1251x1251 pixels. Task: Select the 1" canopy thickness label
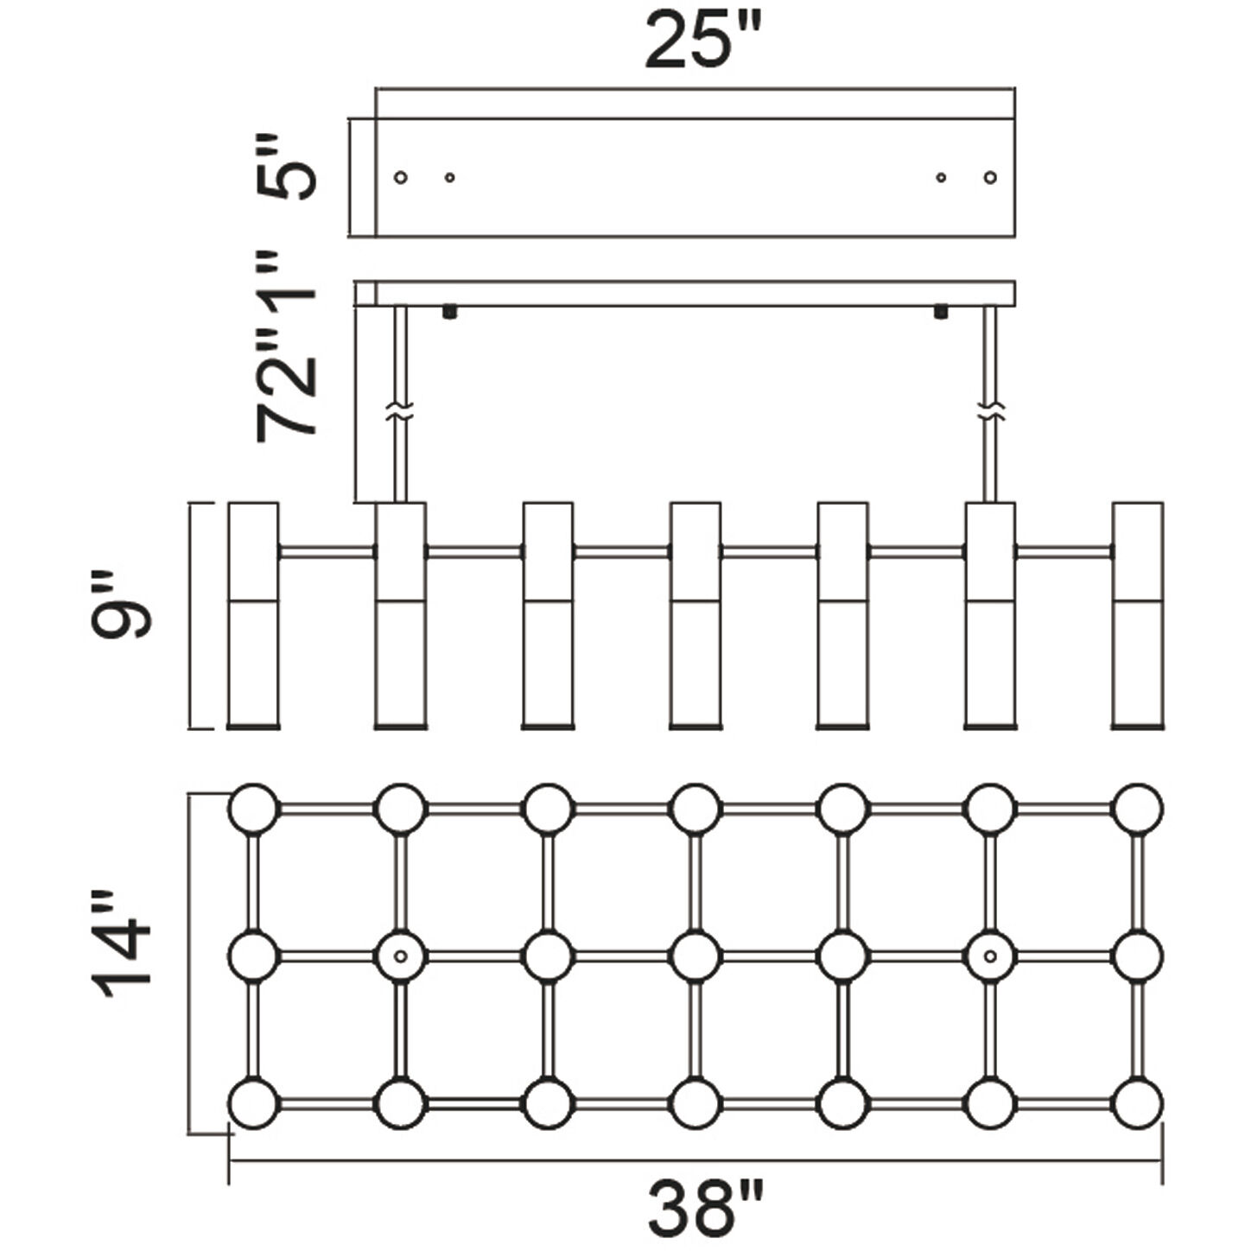286,284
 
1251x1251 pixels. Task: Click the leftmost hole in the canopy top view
401,177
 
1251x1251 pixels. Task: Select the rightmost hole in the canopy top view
990,177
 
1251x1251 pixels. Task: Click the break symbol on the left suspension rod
401,411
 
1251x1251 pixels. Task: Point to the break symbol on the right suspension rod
991,411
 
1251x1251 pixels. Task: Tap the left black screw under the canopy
448,312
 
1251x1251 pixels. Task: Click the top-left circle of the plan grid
253,809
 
